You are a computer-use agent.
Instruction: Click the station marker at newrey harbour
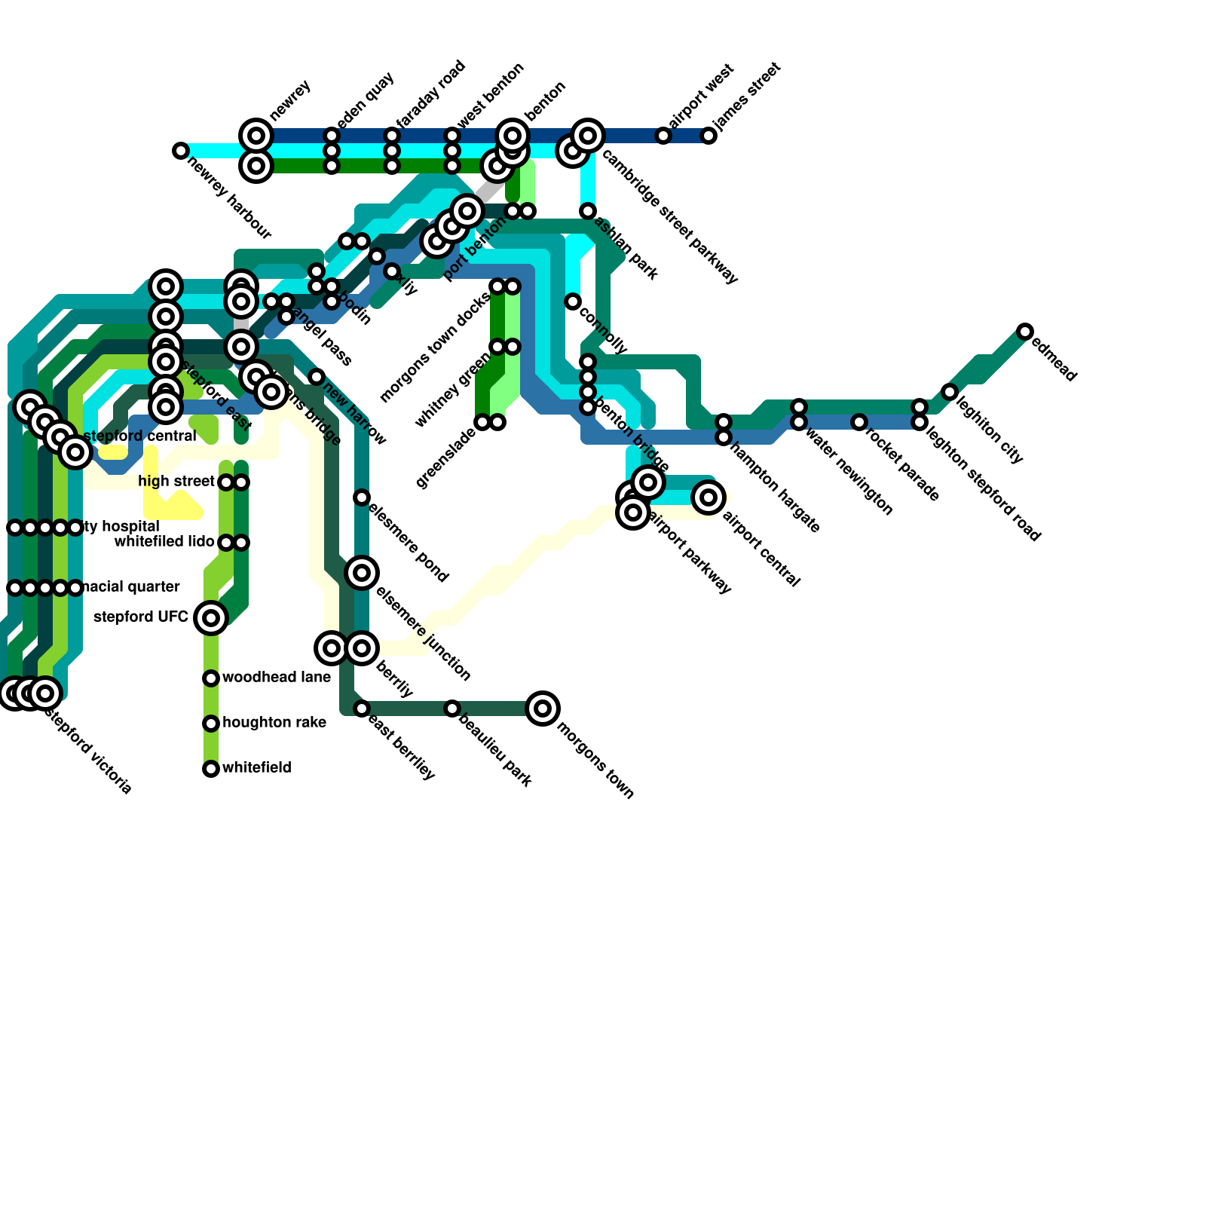pos(180,151)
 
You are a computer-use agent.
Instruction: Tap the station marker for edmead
pos(1024,332)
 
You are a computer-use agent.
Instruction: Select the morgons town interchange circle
pos(543,709)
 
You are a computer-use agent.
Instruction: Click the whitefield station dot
pos(211,769)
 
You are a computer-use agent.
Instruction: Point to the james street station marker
pos(709,136)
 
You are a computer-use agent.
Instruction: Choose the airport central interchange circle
pos(709,497)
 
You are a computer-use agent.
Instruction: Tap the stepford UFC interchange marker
pos(211,618)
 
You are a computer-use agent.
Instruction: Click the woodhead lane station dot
pos(211,678)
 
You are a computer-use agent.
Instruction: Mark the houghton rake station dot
pos(211,724)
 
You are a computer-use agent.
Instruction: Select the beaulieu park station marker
pos(452,709)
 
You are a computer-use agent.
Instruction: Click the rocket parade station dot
pos(859,422)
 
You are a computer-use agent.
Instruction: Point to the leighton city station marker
pos(950,392)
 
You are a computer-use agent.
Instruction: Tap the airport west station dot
pos(663,136)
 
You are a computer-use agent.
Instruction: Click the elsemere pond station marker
pos(362,497)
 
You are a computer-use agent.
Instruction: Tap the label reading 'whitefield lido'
pos(164,542)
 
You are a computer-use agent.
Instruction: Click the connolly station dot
pos(573,301)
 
